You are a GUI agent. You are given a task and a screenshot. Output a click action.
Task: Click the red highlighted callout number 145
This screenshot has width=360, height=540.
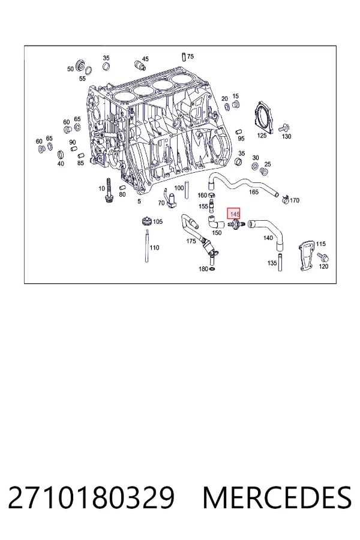233,214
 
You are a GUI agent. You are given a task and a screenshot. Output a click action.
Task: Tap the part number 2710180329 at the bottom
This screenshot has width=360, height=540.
91,497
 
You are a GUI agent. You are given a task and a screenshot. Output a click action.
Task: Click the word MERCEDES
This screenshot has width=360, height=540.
277,497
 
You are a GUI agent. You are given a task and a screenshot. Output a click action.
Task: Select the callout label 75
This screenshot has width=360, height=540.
190,56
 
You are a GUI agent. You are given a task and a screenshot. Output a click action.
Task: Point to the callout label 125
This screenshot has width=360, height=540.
262,136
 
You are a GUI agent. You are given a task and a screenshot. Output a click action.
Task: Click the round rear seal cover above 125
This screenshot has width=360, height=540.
264,116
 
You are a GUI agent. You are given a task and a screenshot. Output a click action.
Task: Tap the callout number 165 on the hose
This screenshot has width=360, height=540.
254,192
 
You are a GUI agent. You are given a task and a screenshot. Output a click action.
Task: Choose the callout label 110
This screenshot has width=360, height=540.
154,248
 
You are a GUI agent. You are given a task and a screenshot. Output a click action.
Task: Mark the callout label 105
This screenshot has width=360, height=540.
157,221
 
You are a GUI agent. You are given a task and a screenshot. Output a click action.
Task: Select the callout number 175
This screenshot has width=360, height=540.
191,241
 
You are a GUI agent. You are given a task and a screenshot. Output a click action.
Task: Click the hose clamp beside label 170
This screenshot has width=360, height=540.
285,199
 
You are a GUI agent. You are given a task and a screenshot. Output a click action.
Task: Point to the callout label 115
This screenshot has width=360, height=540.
321,244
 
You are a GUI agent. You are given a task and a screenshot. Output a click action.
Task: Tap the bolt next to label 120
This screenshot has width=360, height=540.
323,257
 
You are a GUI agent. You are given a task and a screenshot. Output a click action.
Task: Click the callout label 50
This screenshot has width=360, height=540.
70,69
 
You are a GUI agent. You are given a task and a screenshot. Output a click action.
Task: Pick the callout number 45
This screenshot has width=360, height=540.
145,59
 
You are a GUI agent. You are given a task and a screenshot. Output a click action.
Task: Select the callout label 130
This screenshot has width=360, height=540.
286,136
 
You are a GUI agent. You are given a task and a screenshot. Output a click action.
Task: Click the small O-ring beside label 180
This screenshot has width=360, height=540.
212,269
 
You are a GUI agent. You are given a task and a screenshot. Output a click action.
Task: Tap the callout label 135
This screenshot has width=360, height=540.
272,263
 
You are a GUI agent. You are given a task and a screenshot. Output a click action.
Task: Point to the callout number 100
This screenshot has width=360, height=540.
179,188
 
